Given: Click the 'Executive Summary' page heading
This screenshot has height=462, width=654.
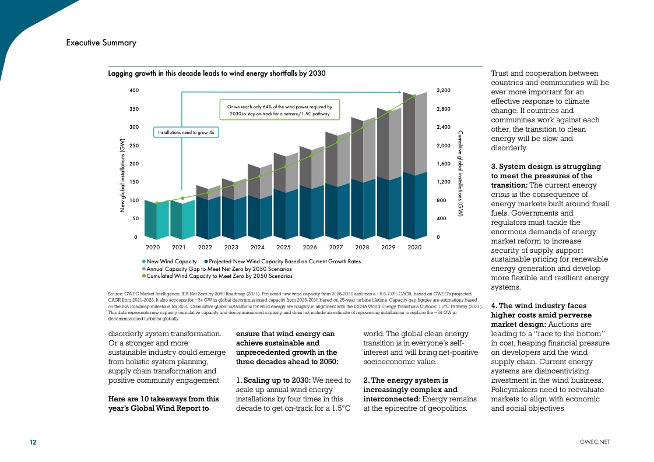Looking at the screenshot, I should [x=101, y=43].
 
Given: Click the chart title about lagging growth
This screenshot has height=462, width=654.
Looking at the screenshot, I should [x=217, y=73].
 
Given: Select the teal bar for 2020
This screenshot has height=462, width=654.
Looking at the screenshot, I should [x=156, y=220].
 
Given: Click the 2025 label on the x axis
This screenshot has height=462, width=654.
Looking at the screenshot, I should [x=284, y=248].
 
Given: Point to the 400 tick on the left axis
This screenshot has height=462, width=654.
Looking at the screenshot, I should [x=134, y=91].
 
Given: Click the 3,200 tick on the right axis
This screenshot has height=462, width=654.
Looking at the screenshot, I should [x=444, y=91].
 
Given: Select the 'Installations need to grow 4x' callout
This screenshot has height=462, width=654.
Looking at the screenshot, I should [x=187, y=133].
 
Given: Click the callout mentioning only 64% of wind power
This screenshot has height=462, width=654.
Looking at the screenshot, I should [x=279, y=110].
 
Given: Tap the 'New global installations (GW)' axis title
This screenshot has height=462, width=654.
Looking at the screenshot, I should [x=122, y=175].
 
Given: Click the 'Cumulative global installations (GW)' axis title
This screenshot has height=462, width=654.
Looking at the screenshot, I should [x=460, y=173].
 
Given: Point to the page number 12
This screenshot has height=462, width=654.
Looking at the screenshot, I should [x=33, y=442].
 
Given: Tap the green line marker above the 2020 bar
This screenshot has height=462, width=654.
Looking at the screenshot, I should [x=157, y=203].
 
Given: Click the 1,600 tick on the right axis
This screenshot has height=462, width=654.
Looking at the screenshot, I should [x=444, y=164].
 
